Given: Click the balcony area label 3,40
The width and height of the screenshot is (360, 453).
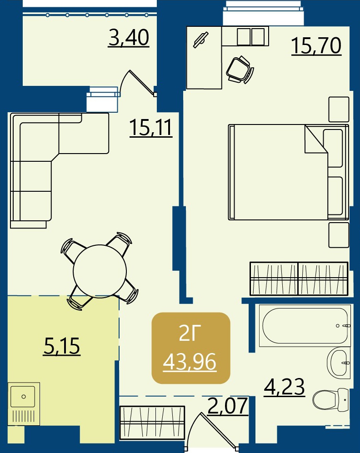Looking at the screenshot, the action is click(129, 38).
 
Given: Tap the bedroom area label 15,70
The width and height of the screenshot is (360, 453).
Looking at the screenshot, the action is click(316, 46).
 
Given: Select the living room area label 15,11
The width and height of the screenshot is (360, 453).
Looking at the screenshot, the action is click(151, 128).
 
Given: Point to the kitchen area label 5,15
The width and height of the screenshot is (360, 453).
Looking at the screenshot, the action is click(61, 346).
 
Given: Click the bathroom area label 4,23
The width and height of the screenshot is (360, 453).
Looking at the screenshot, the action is click(285, 387).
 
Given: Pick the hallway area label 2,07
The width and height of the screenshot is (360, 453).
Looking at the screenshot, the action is click(228, 406).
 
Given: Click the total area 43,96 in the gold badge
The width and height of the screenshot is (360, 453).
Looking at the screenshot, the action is click(190, 362).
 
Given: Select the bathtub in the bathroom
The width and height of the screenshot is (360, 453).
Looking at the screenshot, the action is click(305, 325).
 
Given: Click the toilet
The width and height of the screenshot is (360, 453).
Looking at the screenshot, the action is click(331, 399).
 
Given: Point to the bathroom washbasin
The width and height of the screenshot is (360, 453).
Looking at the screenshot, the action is click(339, 363).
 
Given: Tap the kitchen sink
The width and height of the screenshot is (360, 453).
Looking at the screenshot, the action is click(24, 404).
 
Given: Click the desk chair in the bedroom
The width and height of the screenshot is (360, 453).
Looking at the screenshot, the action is click(240, 70).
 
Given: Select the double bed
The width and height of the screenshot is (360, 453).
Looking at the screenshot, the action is click(288, 172).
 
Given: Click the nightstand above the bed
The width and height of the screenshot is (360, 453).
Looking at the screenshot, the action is click(339, 109).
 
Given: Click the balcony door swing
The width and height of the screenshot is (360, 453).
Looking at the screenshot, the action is click(138, 83).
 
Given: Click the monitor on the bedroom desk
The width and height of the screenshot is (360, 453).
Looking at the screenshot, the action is click(201, 40).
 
